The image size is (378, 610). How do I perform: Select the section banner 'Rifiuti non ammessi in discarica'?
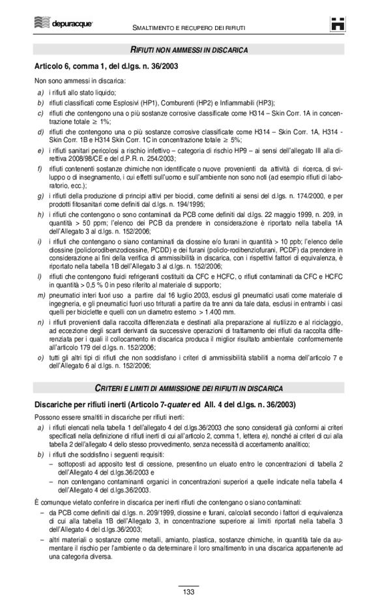189,50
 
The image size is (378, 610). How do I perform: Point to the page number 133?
189,590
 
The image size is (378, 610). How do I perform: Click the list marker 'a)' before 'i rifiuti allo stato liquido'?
40,92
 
